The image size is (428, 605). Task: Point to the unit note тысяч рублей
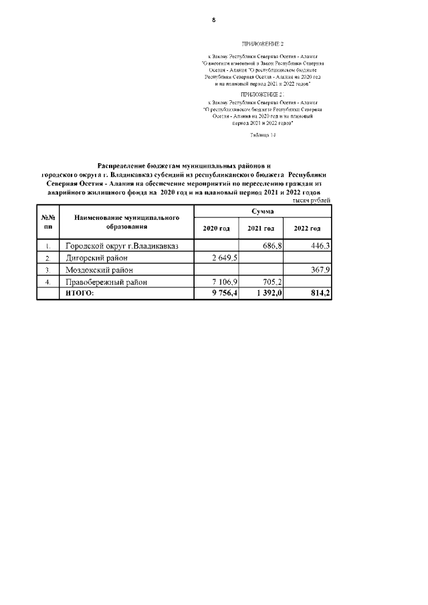pos(312,201)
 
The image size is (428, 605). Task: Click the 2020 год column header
pos(215,229)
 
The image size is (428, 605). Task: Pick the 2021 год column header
pos(261,229)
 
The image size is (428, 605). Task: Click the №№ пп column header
pos(47,223)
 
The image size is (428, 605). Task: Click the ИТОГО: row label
pos(80,293)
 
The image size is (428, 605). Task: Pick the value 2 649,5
pos(224,258)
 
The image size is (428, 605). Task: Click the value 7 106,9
pos(224,282)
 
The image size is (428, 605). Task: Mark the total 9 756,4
pos(223,293)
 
